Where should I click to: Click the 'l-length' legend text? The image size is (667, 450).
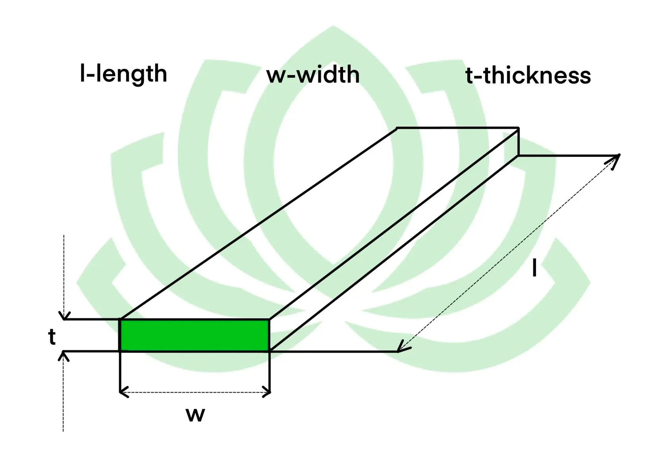[123, 74]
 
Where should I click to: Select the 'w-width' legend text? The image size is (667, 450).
[313, 75]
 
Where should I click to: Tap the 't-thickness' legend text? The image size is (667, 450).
[528, 75]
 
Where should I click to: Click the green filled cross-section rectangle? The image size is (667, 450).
[195, 335]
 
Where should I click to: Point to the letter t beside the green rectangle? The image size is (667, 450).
[52, 337]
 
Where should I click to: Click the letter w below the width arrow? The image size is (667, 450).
[195, 415]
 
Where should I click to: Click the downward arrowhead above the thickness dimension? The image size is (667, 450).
[64, 316]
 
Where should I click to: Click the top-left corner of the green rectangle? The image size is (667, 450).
[120, 320]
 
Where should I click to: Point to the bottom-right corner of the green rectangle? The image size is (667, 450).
[269, 351]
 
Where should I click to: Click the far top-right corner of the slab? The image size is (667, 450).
[518, 128]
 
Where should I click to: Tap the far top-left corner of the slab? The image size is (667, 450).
[397, 128]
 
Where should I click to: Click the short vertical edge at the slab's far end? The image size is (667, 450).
[518, 142]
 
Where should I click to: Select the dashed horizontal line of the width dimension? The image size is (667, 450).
[195, 393]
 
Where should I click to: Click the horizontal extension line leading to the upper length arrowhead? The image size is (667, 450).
[568, 156]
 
